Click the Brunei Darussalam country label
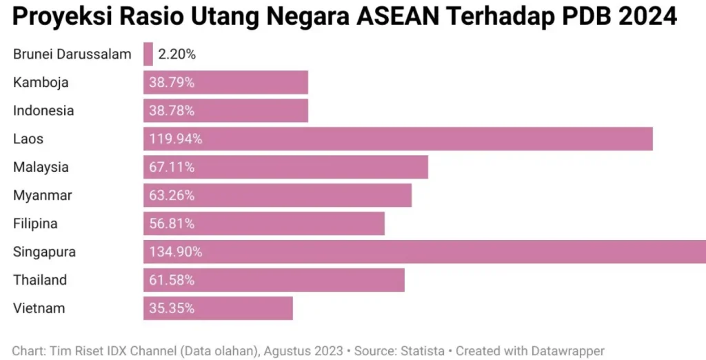point(72,54)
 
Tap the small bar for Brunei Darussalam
point(148,54)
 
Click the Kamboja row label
point(41,83)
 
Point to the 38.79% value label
point(172,83)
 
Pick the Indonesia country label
point(43,111)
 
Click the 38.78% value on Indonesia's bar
point(172,111)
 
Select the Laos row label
point(28,139)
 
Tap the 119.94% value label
point(176,139)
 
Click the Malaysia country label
point(41,168)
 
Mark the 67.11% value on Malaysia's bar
point(172,168)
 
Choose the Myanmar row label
point(43,196)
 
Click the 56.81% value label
point(172,224)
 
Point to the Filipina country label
point(35,224)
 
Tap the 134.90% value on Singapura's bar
point(176,252)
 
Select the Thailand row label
point(40,281)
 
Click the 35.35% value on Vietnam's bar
point(172,309)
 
